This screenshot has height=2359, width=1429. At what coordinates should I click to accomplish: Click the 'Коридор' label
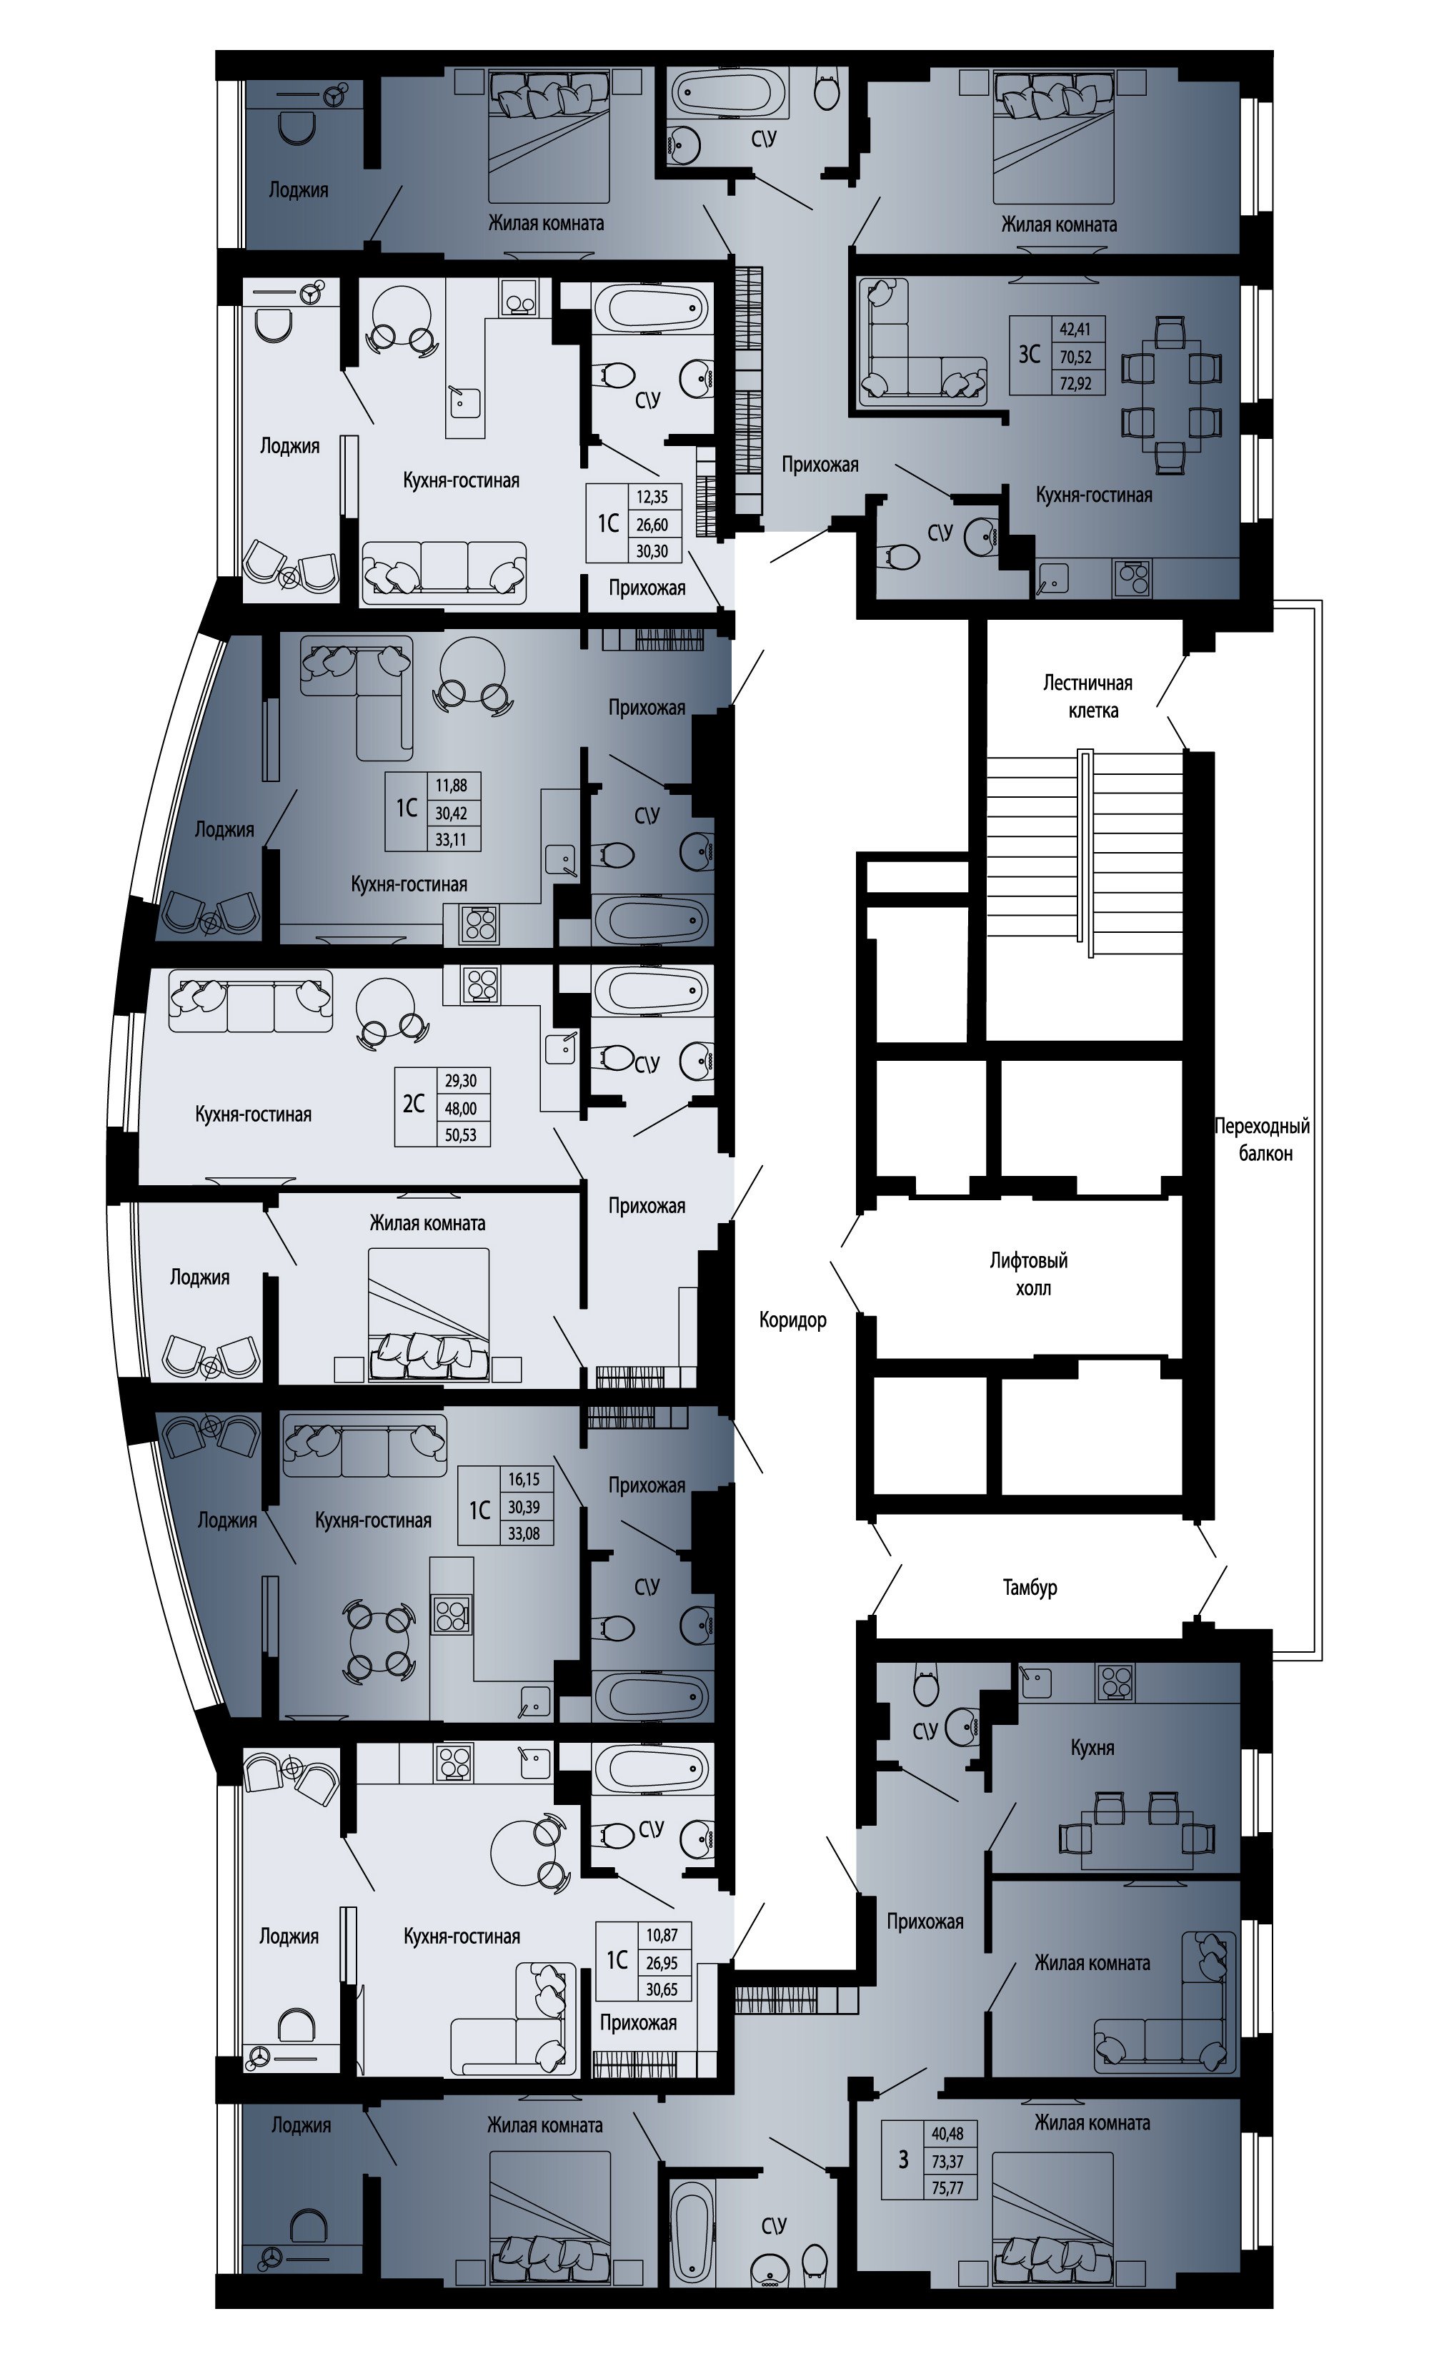coord(792,1320)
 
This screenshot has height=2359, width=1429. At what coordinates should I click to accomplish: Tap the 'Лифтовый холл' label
coord(1029,1275)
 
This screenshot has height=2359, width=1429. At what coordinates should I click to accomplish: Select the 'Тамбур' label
coord(1030,1588)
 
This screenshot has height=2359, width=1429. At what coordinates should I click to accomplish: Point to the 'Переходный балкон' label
coord(1263,1139)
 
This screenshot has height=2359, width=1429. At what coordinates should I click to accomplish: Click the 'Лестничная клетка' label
coord(1088,696)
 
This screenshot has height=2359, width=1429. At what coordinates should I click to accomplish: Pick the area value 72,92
coord(1075,385)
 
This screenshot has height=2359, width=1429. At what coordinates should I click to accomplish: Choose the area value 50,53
coord(460,1135)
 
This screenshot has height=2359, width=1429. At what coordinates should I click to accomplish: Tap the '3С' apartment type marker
coord(1029,355)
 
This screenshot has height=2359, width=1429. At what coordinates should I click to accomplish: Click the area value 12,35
coord(651,497)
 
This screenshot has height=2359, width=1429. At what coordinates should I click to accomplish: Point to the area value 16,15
coord(524,1479)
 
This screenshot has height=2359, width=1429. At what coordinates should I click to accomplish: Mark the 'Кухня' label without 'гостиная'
coord(1092,1747)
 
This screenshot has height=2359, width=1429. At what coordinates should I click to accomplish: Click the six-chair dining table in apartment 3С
coord(1172,395)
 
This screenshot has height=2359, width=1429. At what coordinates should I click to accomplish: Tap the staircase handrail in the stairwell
coord(1085,854)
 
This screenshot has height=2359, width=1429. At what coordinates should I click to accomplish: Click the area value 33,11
coord(451,841)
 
